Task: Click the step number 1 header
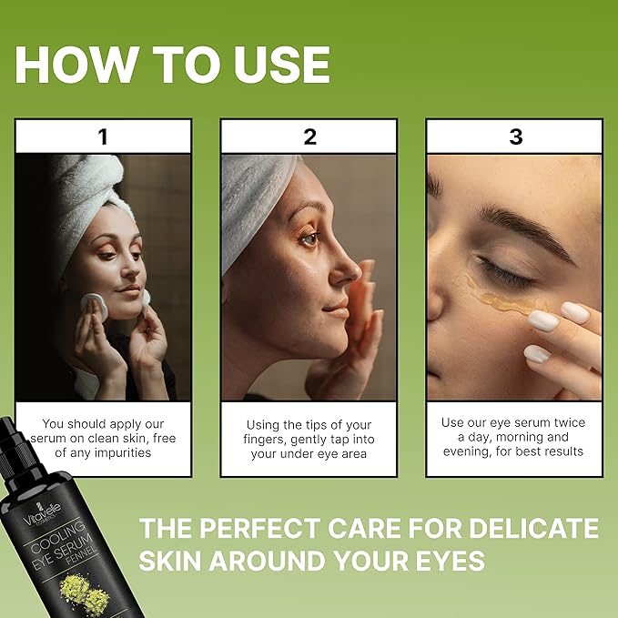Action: click(x=103, y=137)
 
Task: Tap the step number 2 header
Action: click(x=310, y=137)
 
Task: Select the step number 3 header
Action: click(x=516, y=137)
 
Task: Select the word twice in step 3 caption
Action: click(x=563, y=422)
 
